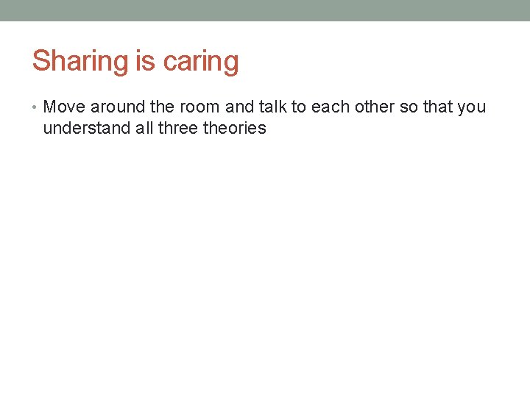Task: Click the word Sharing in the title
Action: pyautogui.click(x=80, y=62)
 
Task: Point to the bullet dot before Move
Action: pyautogui.click(x=36, y=107)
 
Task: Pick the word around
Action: pyautogui.click(x=116, y=107)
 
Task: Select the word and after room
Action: pyautogui.click(x=239, y=107)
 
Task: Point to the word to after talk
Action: pyautogui.click(x=299, y=107)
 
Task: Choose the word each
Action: pyautogui.click(x=328, y=107)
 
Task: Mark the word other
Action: pyautogui.click(x=372, y=107)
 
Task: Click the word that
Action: pyautogui.click(x=437, y=107)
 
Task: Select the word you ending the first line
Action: pyautogui.click(x=471, y=107)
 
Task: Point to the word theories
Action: pyautogui.click(x=234, y=129)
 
